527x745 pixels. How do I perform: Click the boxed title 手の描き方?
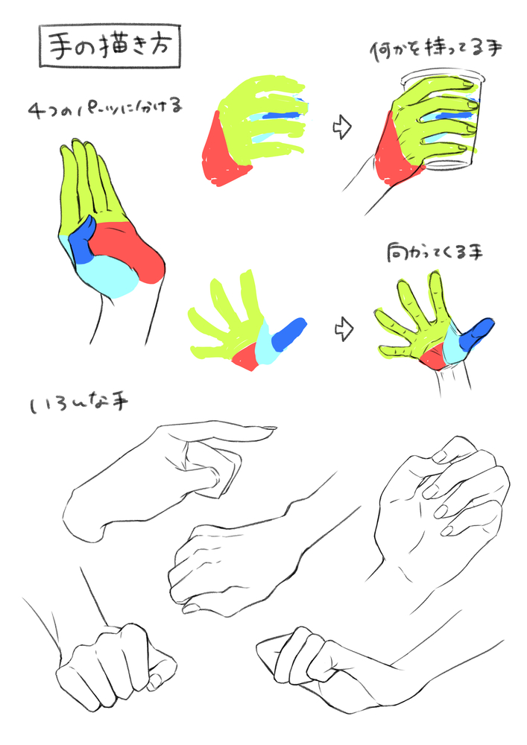coord(110,46)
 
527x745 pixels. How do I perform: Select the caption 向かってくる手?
coord(435,253)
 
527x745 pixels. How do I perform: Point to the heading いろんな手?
coord(79,405)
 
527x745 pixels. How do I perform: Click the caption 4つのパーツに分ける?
coord(105,108)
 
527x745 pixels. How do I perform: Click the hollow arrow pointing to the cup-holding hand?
coord(342,127)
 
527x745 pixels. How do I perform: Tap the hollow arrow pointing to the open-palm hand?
coord(344,329)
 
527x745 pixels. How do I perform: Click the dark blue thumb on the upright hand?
coord(82,240)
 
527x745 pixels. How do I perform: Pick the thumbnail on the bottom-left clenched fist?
coord(155,682)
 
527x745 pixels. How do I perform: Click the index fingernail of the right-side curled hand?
coord(439,457)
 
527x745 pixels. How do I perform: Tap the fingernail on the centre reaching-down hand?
coord(191,608)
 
